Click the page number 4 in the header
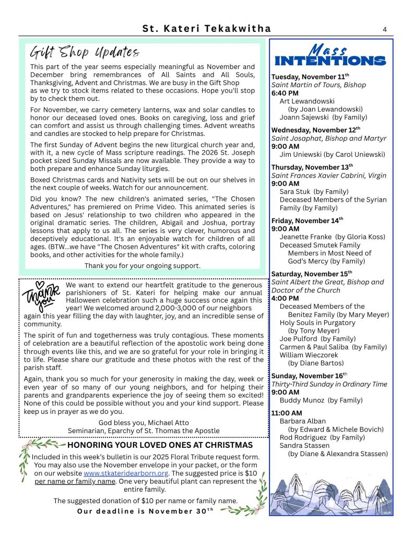point(384,30)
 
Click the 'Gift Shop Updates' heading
point(85,52)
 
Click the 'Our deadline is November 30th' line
point(146,511)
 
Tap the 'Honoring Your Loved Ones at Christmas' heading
point(160,445)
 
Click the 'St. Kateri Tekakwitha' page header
point(206,30)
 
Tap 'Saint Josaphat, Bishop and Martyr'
point(329,138)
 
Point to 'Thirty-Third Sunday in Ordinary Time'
point(329,384)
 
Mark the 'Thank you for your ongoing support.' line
point(142,266)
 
